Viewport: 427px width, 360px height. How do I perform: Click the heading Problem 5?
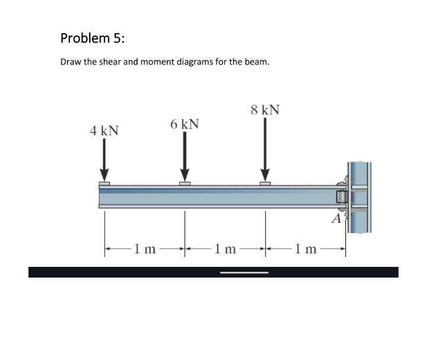[93, 39]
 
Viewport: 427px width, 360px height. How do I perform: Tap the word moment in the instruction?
[151, 62]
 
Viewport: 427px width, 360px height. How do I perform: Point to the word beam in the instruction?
[257, 62]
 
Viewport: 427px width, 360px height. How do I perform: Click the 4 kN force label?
[104, 130]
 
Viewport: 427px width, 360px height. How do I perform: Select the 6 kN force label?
[184, 124]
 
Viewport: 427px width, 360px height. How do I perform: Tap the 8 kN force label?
[265, 110]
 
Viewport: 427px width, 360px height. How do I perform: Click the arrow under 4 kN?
[104, 162]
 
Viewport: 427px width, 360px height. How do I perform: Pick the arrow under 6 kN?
[185, 157]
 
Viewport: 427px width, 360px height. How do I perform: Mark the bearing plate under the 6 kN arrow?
[185, 184]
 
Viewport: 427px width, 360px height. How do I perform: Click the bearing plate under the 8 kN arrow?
[265, 184]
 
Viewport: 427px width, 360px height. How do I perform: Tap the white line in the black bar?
[244, 273]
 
